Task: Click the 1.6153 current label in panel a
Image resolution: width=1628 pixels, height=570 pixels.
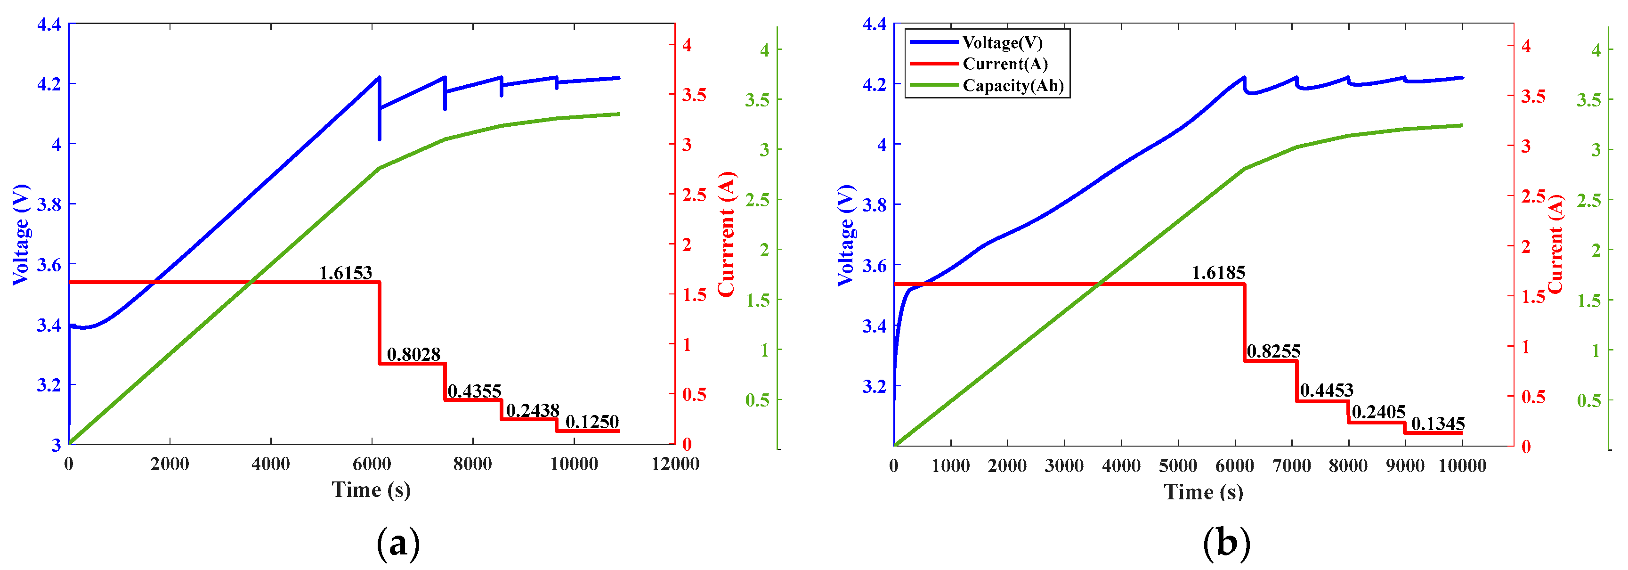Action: click(345, 273)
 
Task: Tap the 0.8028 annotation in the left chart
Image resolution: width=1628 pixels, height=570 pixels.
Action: click(413, 355)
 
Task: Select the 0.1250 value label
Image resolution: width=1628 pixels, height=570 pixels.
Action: click(591, 422)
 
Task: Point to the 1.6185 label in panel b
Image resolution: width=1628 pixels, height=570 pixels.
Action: click(1218, 273)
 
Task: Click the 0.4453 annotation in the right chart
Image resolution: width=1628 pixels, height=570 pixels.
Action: click(1327, 391)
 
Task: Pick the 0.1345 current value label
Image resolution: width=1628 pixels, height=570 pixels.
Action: click(1438, 424)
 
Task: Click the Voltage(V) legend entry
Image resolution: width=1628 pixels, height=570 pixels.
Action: click(1002, 42)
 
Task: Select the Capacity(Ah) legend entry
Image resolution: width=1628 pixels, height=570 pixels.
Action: click(1012, 85)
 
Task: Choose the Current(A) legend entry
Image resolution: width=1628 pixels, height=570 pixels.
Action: click(1005, 64)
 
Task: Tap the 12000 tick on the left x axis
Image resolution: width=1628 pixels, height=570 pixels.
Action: click(674, 464)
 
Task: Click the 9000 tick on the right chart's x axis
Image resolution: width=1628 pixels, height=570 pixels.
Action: click(1405, 466)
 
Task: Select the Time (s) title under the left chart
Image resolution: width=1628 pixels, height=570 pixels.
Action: click(371, 490)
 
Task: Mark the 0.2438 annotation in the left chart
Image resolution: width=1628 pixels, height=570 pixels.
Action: click(532, 411)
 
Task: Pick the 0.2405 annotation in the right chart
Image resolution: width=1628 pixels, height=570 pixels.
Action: click(1378, 413)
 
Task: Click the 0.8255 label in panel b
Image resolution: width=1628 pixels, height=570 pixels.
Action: click(1273, 351)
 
